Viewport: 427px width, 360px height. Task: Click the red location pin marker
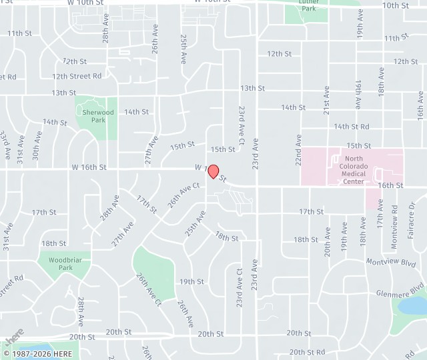tap(213, 171)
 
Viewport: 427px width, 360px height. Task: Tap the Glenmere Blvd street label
tap(400, 293)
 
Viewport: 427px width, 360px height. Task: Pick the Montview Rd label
tap(395, 218)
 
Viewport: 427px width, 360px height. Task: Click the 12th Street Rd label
tap(77, 76)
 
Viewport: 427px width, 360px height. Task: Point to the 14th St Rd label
tap(352, 126)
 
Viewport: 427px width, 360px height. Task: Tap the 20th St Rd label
tap(307, 352)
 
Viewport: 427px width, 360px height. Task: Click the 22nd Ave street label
tap(298, 150)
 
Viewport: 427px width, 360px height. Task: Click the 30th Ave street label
tap(37, 145)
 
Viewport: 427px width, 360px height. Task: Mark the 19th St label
tap(191, 281)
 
